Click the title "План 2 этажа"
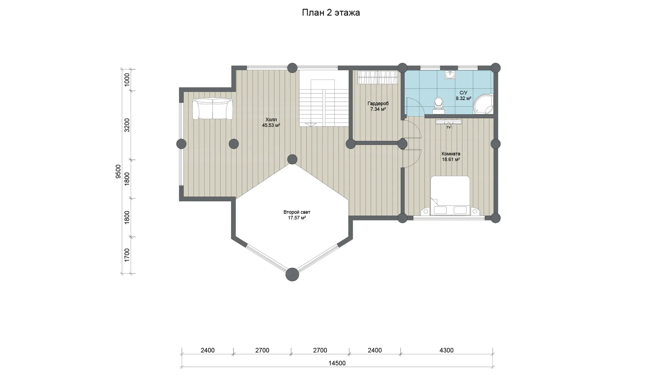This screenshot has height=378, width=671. pos(331,13)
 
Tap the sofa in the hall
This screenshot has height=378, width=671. pos(212,109)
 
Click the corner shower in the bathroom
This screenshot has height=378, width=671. pos(484,104)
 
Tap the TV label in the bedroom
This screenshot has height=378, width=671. pos(448,127)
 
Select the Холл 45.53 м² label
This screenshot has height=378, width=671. pos(271,122)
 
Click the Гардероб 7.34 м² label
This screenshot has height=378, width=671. pos(378,106)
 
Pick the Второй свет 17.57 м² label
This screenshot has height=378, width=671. pos(297,215)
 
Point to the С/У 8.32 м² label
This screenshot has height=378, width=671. pos(463,96)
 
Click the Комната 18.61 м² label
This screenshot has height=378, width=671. pos(451,156)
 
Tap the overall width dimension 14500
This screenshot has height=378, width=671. pos(337,363)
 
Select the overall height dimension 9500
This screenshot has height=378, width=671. pos(118,171)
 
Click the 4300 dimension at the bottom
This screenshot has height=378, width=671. pos(446,350)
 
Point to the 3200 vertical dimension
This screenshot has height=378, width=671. pos(127,125)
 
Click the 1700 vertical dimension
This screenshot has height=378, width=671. pos(127,255)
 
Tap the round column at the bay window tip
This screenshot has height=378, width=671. pos(292,274)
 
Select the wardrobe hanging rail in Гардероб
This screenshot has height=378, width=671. pos(377,77)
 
